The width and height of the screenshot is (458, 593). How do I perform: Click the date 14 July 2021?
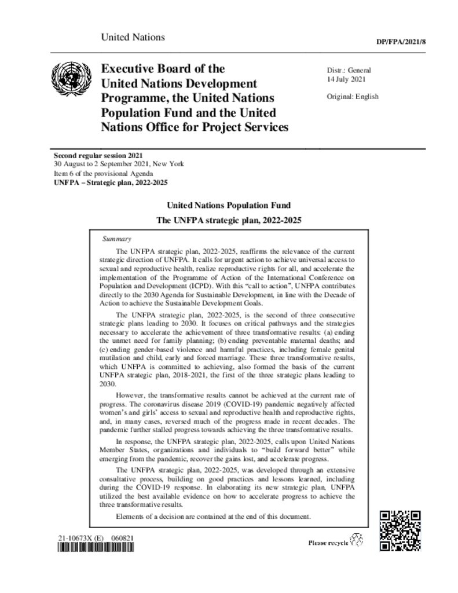click(x=346, y=79)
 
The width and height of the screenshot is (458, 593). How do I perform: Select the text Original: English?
click(x=353, y=96)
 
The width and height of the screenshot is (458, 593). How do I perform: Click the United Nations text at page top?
click(x=133, y=38)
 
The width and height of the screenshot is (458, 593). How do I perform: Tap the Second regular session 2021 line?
click(x=98, y=156)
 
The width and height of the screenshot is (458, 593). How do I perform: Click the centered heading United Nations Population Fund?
click(x=229, y=206)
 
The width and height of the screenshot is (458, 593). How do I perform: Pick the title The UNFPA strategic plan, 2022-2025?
click(x=229, y=221)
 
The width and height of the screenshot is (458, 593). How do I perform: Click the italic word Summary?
click(x=116, y=239)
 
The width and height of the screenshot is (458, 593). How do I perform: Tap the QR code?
click(x=400, y=531)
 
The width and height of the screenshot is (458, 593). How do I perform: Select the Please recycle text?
click(x=328, y=543)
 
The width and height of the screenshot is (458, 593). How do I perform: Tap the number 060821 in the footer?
click(x=123, y=538)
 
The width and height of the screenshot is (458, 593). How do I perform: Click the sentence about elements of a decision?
click(x=214, y=516)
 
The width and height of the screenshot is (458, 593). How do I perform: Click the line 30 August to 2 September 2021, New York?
click(x=119, y=164)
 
